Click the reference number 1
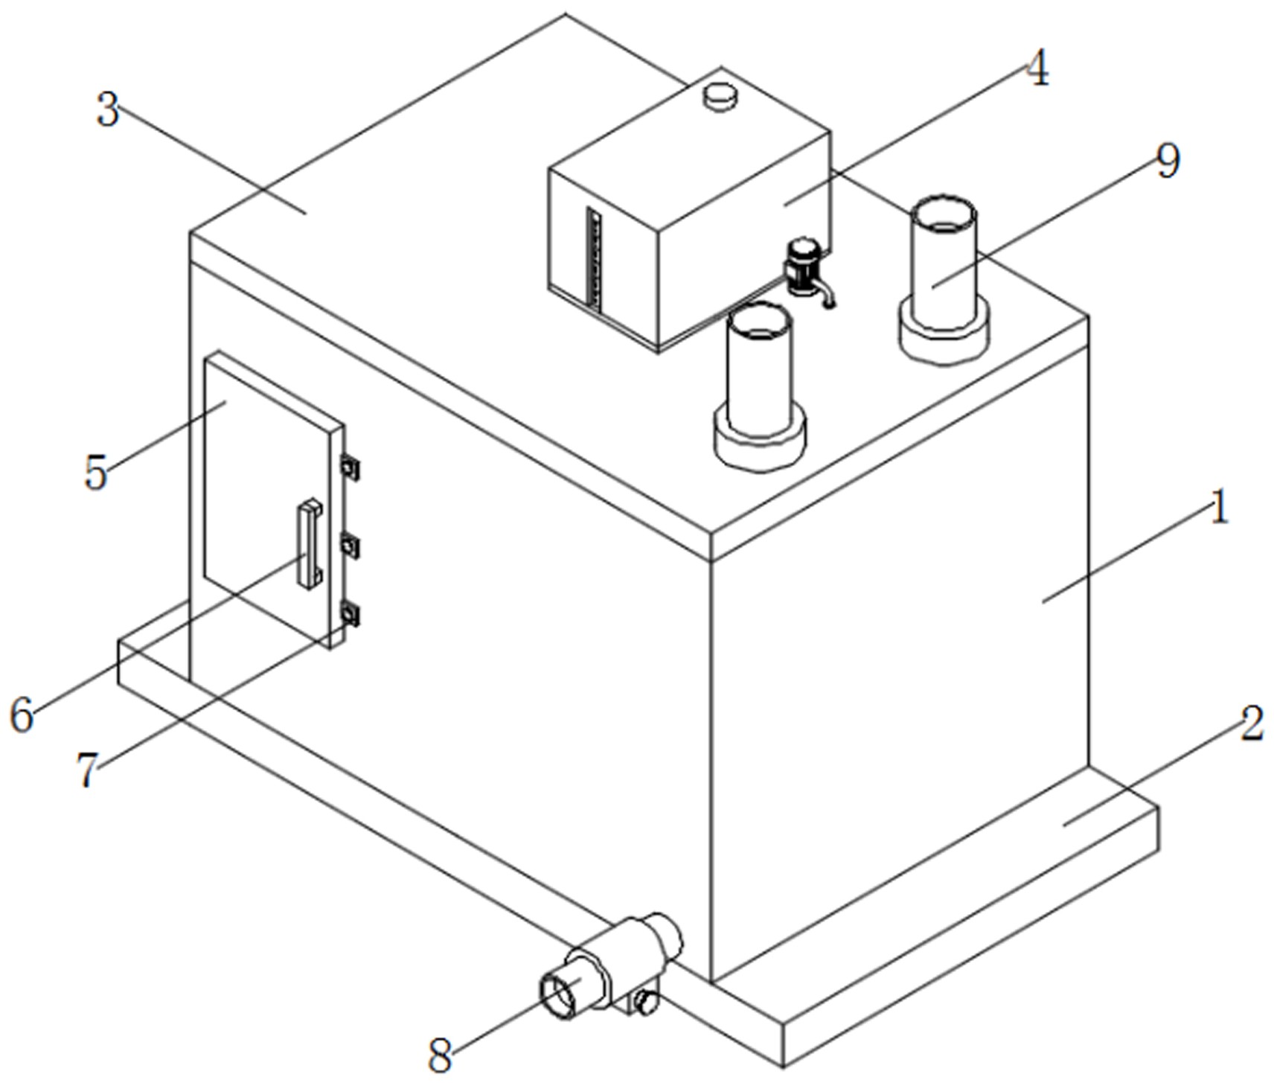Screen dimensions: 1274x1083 point(1218,509)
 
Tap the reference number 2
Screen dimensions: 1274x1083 point(1251,723)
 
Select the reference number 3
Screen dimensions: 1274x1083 point(109,110)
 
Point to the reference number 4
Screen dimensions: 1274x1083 point(1037,68)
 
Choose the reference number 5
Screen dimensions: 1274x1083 point(96,472)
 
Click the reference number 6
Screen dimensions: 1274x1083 point(22,715)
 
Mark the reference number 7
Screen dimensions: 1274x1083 point(88,770)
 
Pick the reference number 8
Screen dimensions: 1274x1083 point(441,1055)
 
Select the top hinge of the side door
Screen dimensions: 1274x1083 point(349,467)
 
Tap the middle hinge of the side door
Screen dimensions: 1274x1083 point(349,547)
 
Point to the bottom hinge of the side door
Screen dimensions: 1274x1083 point(349,614)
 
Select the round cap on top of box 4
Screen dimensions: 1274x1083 point(720,96)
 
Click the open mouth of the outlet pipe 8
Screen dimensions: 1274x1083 point(558,997)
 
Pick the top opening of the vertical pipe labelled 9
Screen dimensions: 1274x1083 point(943,214)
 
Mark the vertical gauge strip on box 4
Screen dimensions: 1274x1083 point(594,257)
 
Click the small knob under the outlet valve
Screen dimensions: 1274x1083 point(647,1003)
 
